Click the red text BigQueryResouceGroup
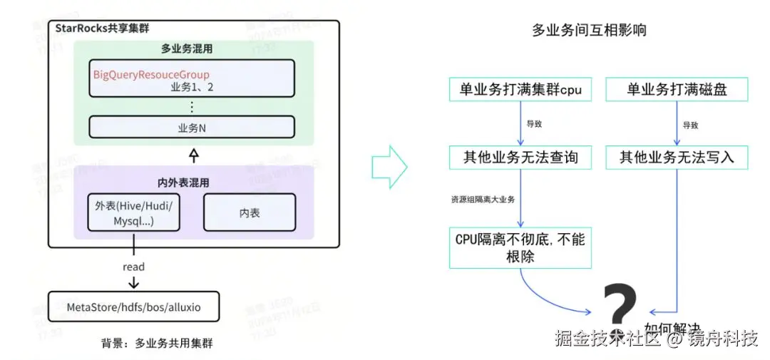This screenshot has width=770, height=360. [151, 74]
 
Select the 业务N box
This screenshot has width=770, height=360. [192, 127]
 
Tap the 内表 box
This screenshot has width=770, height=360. [248, 212]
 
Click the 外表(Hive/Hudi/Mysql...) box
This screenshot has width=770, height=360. [133, 212]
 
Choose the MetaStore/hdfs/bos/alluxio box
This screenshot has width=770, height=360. [133, 307]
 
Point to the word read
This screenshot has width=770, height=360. [133, 267]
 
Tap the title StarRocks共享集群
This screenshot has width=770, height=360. [106, 29]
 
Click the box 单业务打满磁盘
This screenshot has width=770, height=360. [677, 90]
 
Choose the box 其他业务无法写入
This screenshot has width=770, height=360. [677, 157]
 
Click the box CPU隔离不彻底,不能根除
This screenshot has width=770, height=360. [520, 247]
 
